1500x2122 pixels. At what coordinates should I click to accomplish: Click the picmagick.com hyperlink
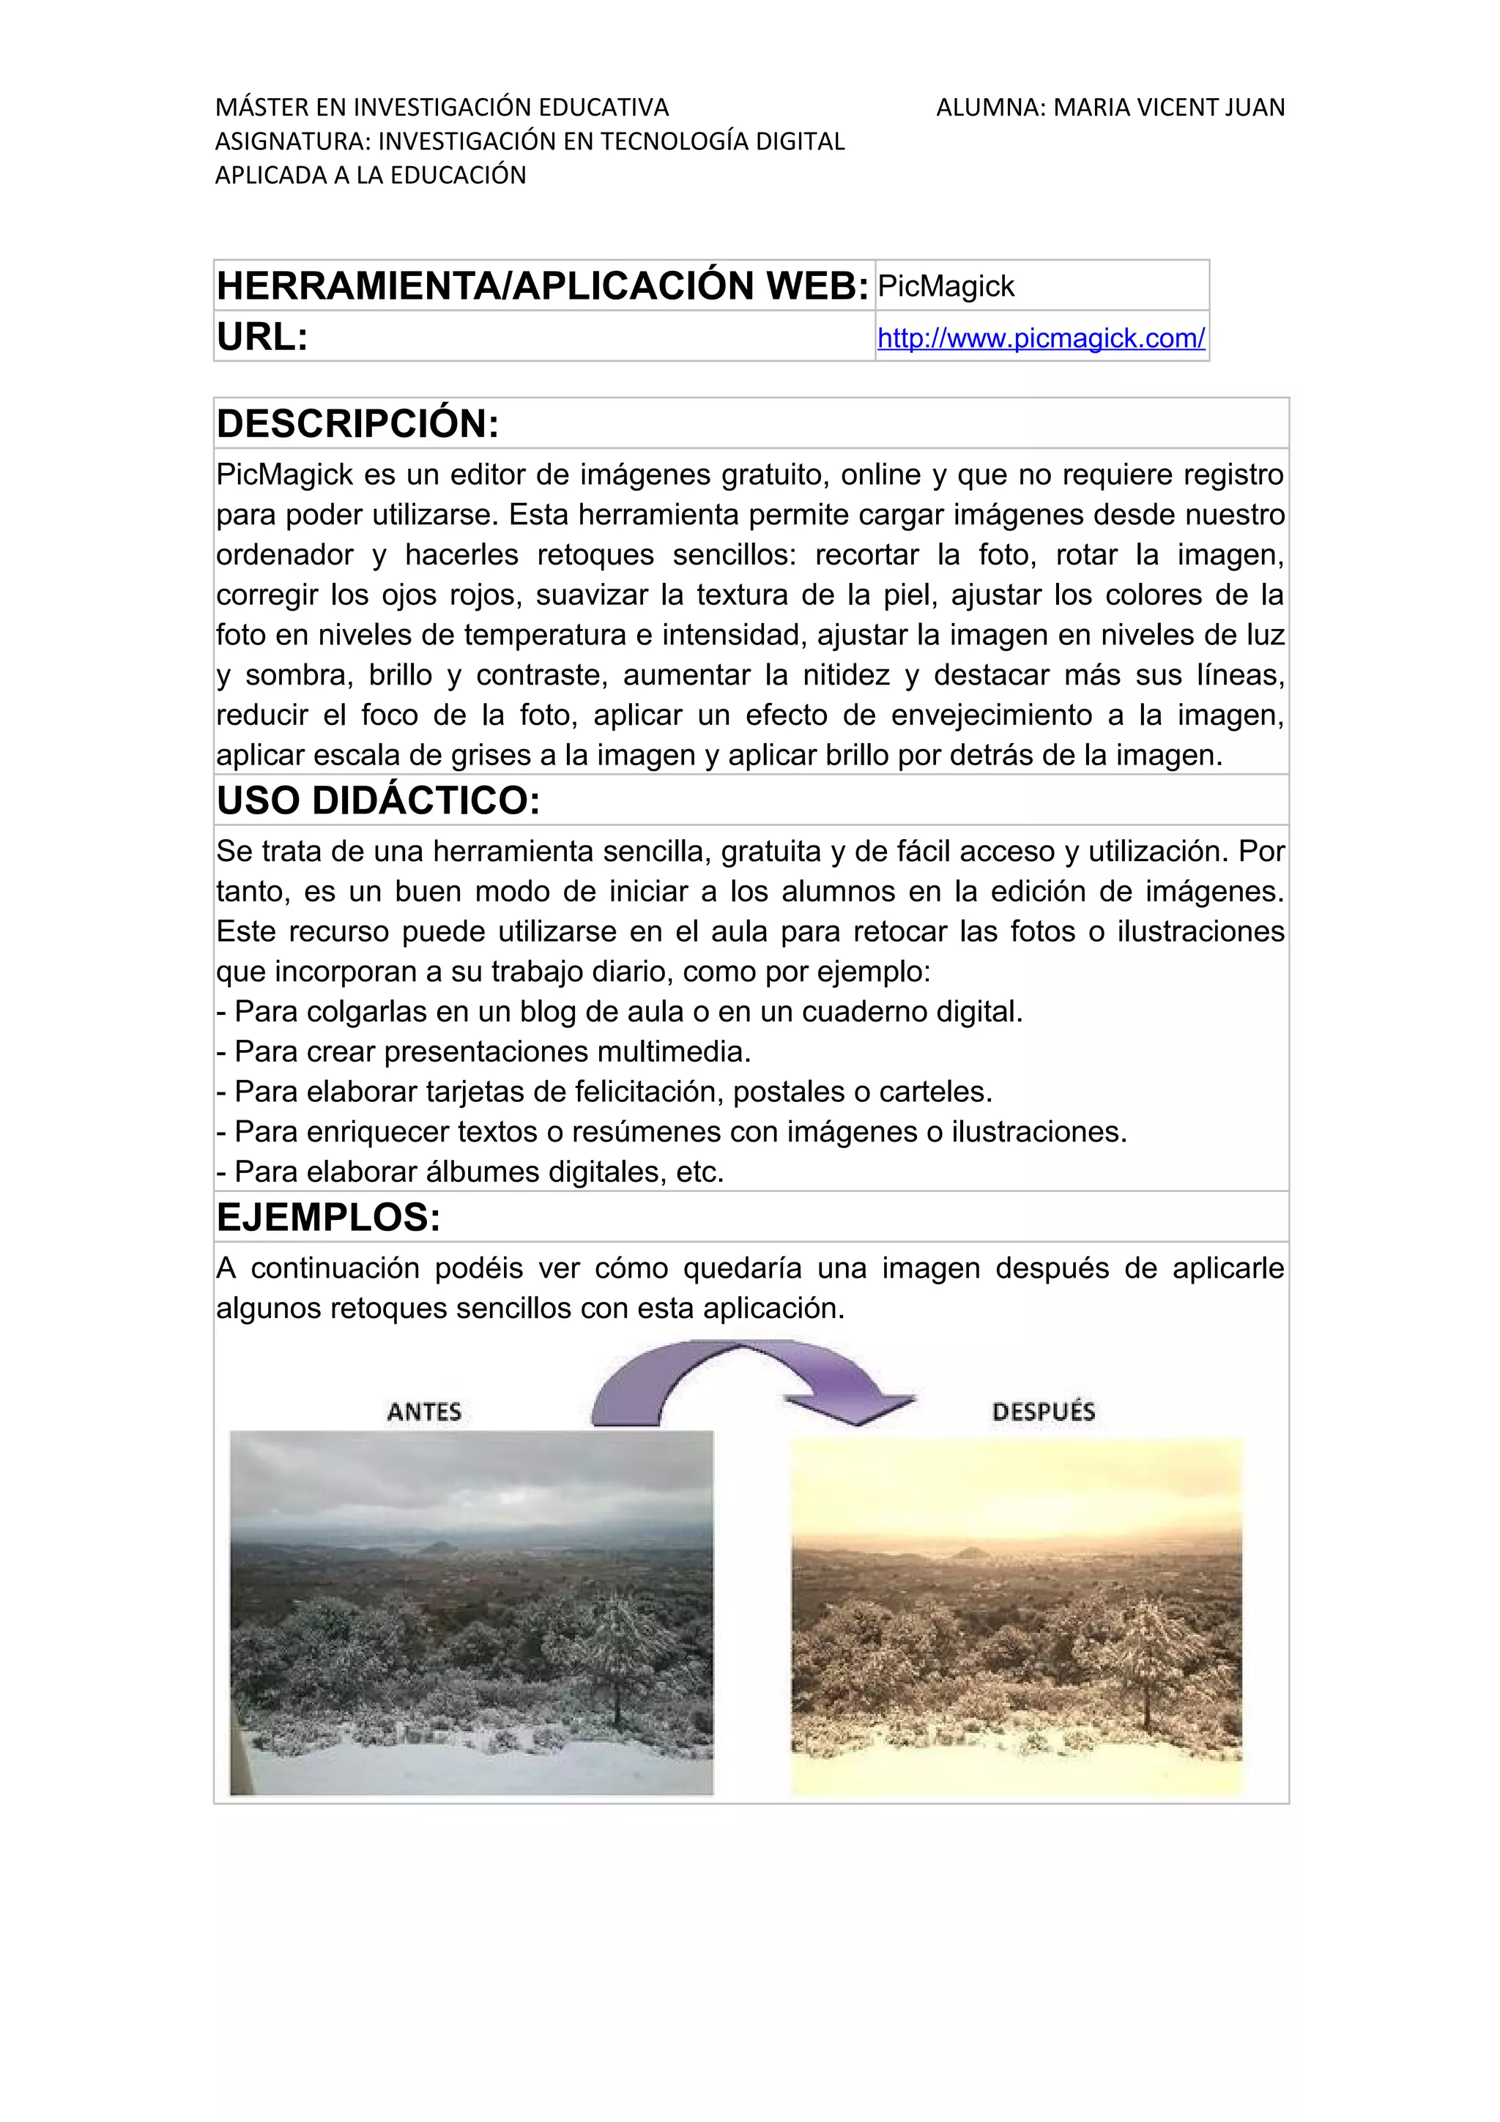[x=1041, y=338]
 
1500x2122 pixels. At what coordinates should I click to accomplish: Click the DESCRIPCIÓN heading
[x=357, y=424]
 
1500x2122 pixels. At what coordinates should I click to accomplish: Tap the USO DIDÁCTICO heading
[x=378, y=800]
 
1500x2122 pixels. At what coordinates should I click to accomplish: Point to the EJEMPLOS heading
[x=328, y=1217]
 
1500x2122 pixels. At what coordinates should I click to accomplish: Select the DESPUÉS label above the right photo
[x=1044, y=1411]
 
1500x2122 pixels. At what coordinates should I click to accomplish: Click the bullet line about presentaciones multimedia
[x=483, y=1051]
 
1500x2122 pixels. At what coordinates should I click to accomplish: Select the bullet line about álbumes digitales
[x=469, y=1172]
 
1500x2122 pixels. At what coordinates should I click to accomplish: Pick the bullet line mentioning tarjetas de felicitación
[x=604, y=1092]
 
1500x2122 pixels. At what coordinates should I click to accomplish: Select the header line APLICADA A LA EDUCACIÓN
[x=371, y=176]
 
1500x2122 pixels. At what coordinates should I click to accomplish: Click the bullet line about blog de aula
[x=619, y=1012]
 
